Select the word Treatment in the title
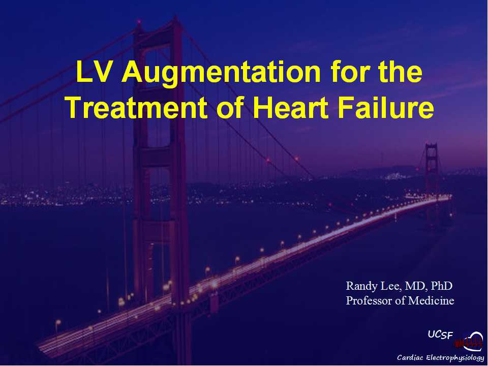[137, 107]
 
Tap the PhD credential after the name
[441, 285]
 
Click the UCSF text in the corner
[440, 334]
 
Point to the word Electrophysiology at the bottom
[455, 358]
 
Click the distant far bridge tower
[432, 174]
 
